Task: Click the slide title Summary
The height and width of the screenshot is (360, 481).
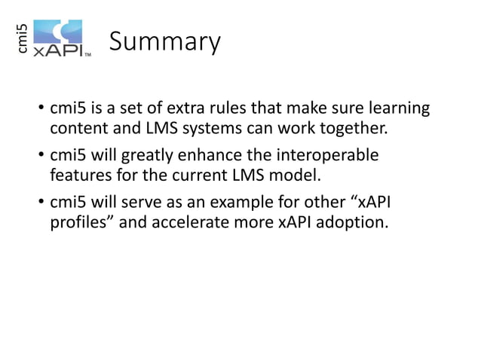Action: (x=165, y=42)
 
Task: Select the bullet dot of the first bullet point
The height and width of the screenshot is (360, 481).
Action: (x=41, y=110)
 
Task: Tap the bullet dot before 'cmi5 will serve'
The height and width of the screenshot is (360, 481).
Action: (x=41, y=204)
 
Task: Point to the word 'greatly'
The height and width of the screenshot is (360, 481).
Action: (x=149, y=156)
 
